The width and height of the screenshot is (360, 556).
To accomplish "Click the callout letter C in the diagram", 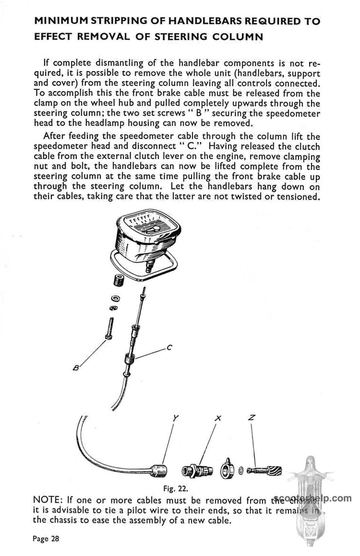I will (169, 348).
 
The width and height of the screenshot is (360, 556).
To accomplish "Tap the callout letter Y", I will (176, 418).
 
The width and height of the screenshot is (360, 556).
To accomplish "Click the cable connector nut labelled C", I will (129, 360).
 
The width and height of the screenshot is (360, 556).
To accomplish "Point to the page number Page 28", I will (46, 539).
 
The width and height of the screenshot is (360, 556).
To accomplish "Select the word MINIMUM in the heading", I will (61, 22).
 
